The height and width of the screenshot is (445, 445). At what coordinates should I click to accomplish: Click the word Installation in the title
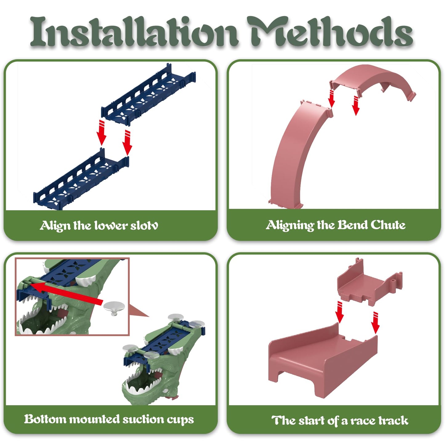pyautogui.click(x=134, y=31)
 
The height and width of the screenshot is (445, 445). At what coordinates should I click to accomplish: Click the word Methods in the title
pyautogui.click(x=330, y=31)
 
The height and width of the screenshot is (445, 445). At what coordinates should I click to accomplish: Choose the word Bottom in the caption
pyautogui.click(x=45, y=419)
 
